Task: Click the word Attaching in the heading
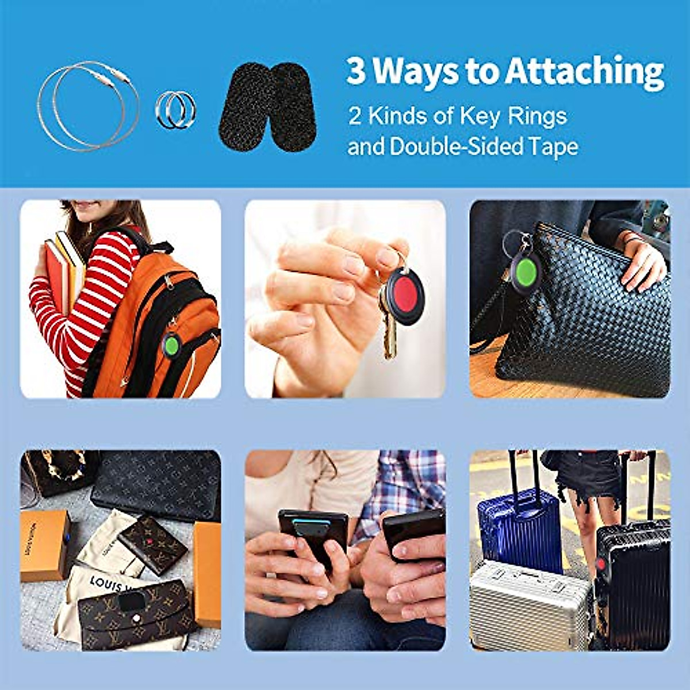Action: point(585,72)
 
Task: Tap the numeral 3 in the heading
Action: point(356,71)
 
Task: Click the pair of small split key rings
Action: point(175,109)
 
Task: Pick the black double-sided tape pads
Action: point(267,107)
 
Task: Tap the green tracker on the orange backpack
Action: point(171,344)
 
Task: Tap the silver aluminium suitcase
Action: point(529,604)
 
